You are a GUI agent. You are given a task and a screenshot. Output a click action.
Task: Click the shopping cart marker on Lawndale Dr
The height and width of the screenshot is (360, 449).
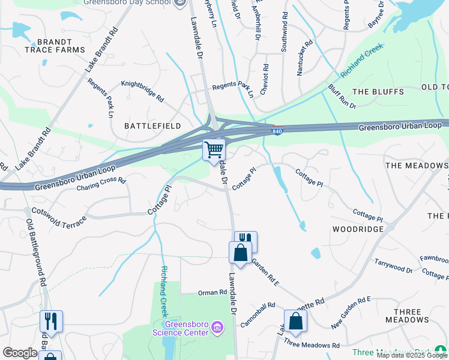click(x=214, y=149)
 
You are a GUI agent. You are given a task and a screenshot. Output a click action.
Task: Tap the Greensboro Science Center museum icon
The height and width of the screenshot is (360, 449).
click(x=217, y=327)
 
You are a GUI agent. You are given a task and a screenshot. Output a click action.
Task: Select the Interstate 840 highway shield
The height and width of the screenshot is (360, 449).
click(x=277, y=130)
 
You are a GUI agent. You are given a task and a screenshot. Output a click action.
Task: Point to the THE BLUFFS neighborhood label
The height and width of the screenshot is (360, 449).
click(x=376, y=92)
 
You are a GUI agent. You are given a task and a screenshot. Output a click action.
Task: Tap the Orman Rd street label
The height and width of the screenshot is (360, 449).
click(x=214, y=293)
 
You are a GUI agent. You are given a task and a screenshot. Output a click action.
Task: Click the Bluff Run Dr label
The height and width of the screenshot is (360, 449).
click(x=342, y=97)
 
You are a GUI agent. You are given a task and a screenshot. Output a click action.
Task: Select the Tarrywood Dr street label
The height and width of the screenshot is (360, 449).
click(x=393, y=267)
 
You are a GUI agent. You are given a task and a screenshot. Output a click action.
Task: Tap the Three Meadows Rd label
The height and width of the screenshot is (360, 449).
click(x=312, y=345)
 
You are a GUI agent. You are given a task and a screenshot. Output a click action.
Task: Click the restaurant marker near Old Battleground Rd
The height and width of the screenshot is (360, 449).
click(x=51, y=321)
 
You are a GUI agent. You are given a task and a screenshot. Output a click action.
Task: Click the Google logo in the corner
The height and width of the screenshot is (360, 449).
click(x=20, y=353)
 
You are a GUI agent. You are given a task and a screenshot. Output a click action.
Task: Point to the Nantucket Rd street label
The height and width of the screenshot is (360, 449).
click(x=304, y=51)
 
